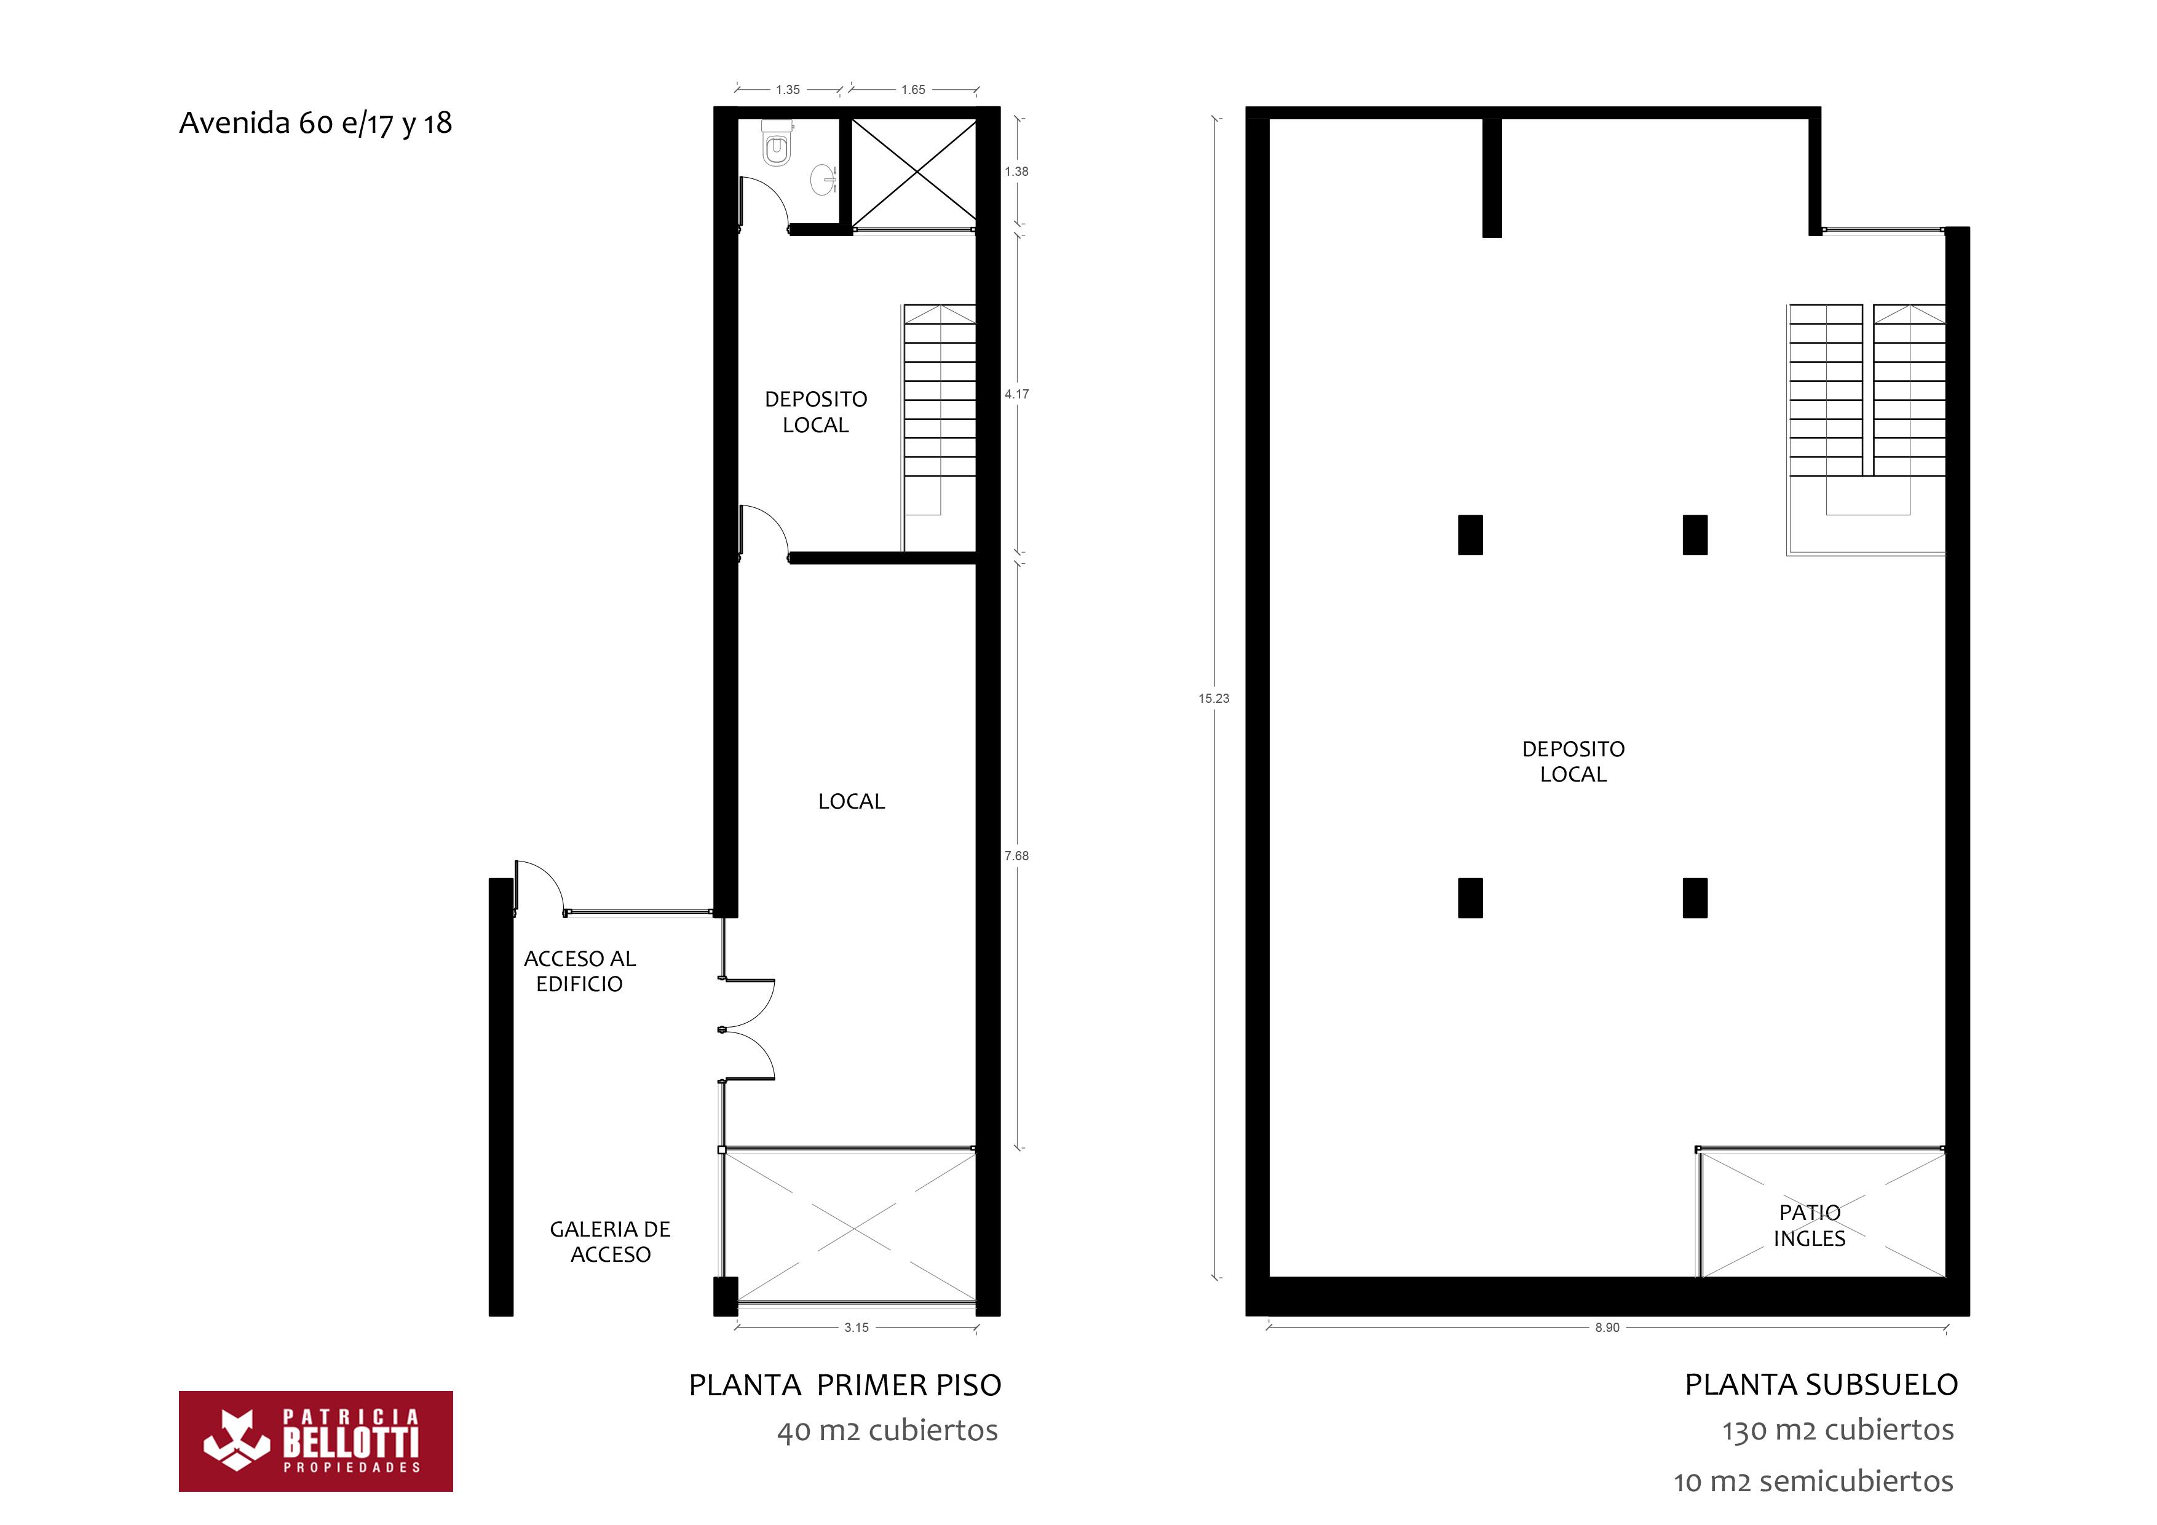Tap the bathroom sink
pos(824,178)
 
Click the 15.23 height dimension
pos(1214,698)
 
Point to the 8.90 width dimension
pos(1607,1328)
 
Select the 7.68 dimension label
pos(1016,856)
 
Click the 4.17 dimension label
pos(1016,394)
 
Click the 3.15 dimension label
pos(856,1328)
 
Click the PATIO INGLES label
pos(1810,1226)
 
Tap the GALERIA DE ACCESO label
pos(610,1242)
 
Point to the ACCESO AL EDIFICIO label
pos(580,970)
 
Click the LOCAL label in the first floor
pos(851,801)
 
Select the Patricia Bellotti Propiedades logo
pos(315,1441)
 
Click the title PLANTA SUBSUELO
pos(1821,1385)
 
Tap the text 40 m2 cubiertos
pos(887,1431)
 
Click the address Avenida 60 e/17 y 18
pos(315,123)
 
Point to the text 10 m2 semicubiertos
pos(1813,1482)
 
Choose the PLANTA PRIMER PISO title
pos(845,1385)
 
